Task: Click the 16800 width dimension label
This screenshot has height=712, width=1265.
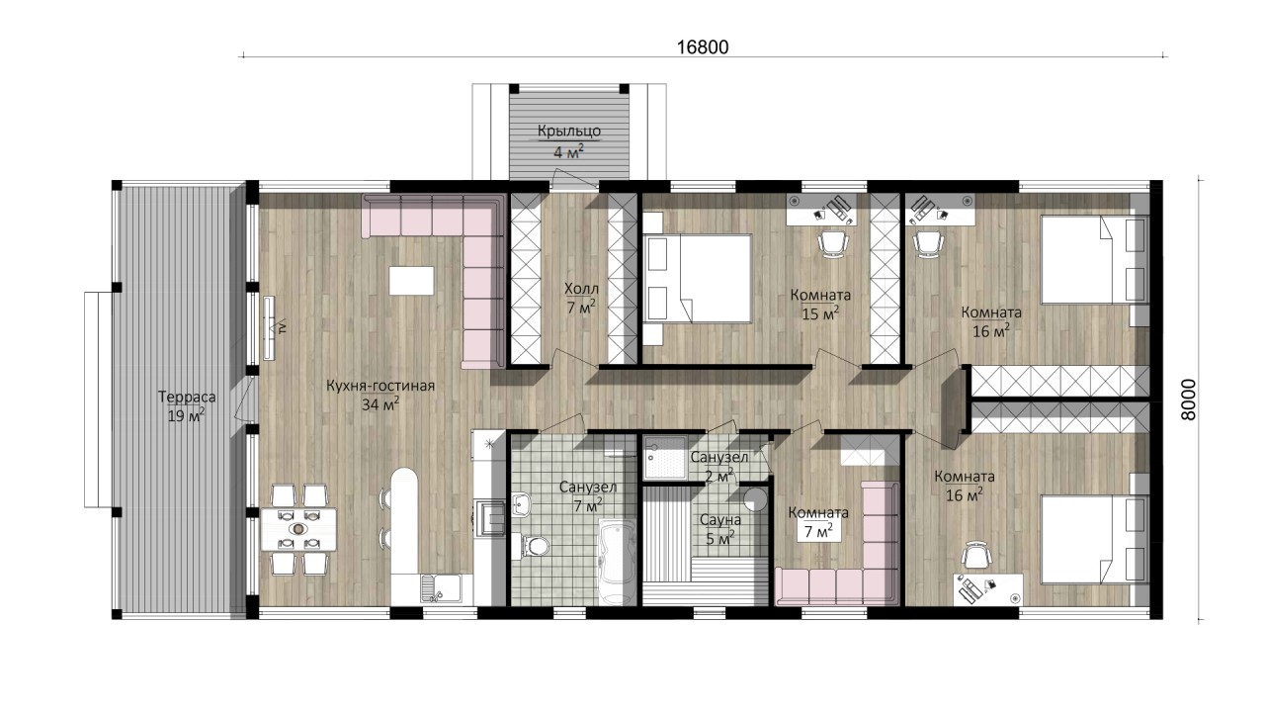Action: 703,46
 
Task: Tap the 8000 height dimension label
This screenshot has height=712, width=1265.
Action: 1188,400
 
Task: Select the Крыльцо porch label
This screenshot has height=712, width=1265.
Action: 568,131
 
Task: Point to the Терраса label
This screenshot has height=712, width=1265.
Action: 187,397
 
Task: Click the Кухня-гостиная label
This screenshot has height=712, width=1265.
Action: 380,386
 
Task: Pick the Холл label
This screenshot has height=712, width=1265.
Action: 582,290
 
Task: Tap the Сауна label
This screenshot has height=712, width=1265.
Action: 720,519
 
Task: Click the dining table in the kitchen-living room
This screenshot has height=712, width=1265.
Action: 298,529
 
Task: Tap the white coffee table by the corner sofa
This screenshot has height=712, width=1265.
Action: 412,280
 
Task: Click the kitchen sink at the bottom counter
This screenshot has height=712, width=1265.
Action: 440,587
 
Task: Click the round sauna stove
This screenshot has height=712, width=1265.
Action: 754,499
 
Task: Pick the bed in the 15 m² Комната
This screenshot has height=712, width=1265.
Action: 697,279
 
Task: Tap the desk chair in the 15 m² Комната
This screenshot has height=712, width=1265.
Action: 833,244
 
